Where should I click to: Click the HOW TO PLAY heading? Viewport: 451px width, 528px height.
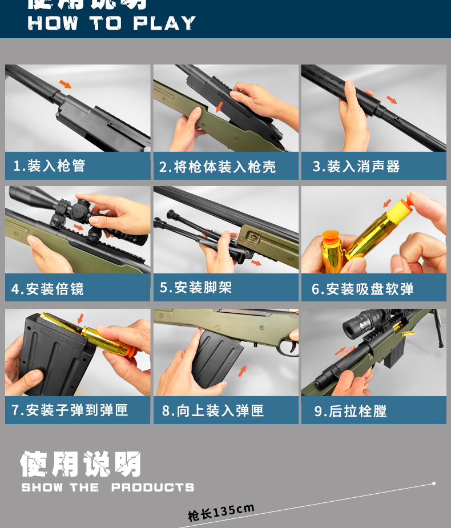(112, 23)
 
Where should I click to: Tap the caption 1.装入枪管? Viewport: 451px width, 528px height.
(49, 166)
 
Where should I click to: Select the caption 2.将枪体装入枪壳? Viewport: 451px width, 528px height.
(217, 167)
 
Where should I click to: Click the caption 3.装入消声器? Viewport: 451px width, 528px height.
(356, 167)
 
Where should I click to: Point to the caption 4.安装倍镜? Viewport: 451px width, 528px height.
(47, 289)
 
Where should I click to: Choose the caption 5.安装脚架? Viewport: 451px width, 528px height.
(196, 288)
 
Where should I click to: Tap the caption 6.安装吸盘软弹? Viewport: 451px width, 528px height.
(363, 289)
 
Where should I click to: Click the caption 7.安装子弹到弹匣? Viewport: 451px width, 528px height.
(70, 410)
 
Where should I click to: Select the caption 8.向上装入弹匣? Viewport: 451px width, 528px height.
(212, 410)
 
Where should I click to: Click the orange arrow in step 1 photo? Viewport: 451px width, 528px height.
(66, 84)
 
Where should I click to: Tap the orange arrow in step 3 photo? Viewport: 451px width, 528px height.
(391, 100)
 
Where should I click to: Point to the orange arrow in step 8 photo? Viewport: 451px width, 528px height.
(243, 372)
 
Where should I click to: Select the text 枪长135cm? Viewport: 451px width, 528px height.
(221, 512)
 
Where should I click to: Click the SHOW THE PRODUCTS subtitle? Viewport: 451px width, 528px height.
(108, 487)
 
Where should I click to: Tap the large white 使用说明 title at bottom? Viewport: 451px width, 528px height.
(80, 464)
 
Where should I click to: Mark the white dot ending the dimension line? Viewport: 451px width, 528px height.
(434, 483)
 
